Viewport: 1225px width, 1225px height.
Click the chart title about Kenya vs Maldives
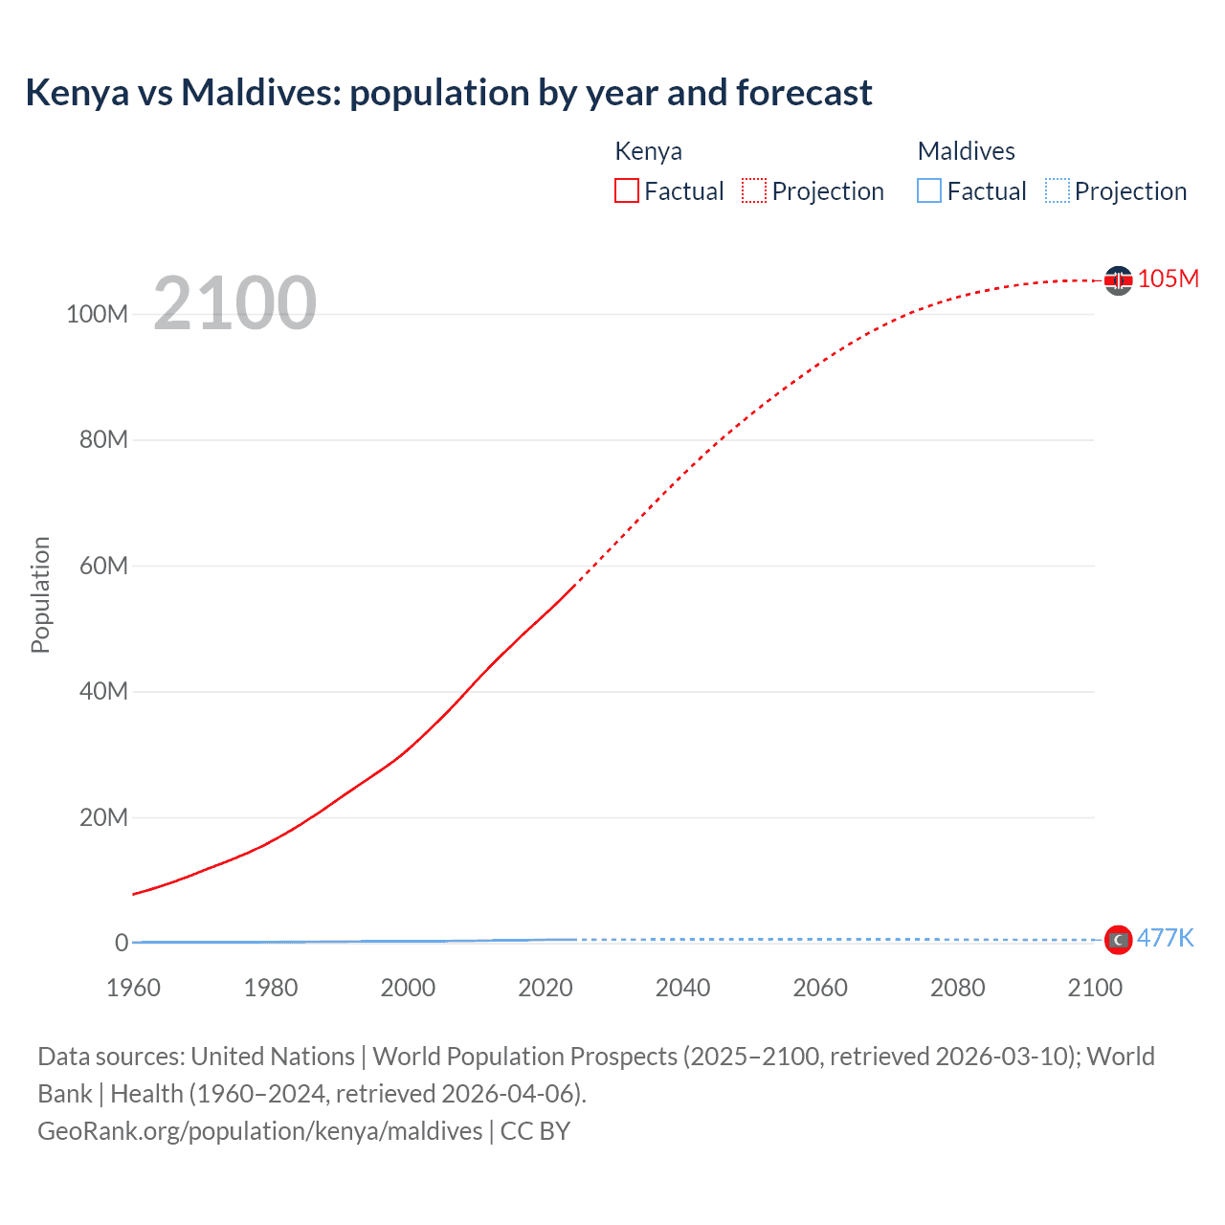448,93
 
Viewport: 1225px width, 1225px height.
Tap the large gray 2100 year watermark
234,303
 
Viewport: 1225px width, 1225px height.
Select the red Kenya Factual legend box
627,190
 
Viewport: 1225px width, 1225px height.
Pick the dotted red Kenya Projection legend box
754,190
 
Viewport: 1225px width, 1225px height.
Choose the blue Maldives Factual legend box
929,190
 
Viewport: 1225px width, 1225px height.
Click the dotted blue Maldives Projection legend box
1058,190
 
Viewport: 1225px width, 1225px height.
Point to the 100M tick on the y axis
97,314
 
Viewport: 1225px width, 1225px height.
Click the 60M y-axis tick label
102,566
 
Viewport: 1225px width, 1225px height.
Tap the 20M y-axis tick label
102,817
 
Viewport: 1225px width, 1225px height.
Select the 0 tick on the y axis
121,943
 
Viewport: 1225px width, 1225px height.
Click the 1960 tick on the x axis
133,988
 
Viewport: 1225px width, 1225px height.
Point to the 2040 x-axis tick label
682,988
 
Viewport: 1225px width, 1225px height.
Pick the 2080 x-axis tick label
957,988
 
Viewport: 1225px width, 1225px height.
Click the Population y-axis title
40,594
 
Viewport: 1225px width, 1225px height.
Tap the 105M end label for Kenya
1168,278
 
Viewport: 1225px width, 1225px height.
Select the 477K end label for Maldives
1165,938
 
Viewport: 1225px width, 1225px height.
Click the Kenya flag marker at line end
1118,280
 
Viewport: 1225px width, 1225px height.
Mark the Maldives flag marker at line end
1118,940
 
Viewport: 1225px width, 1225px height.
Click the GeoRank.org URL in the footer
259,1130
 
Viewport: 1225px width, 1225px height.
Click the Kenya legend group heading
648,151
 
